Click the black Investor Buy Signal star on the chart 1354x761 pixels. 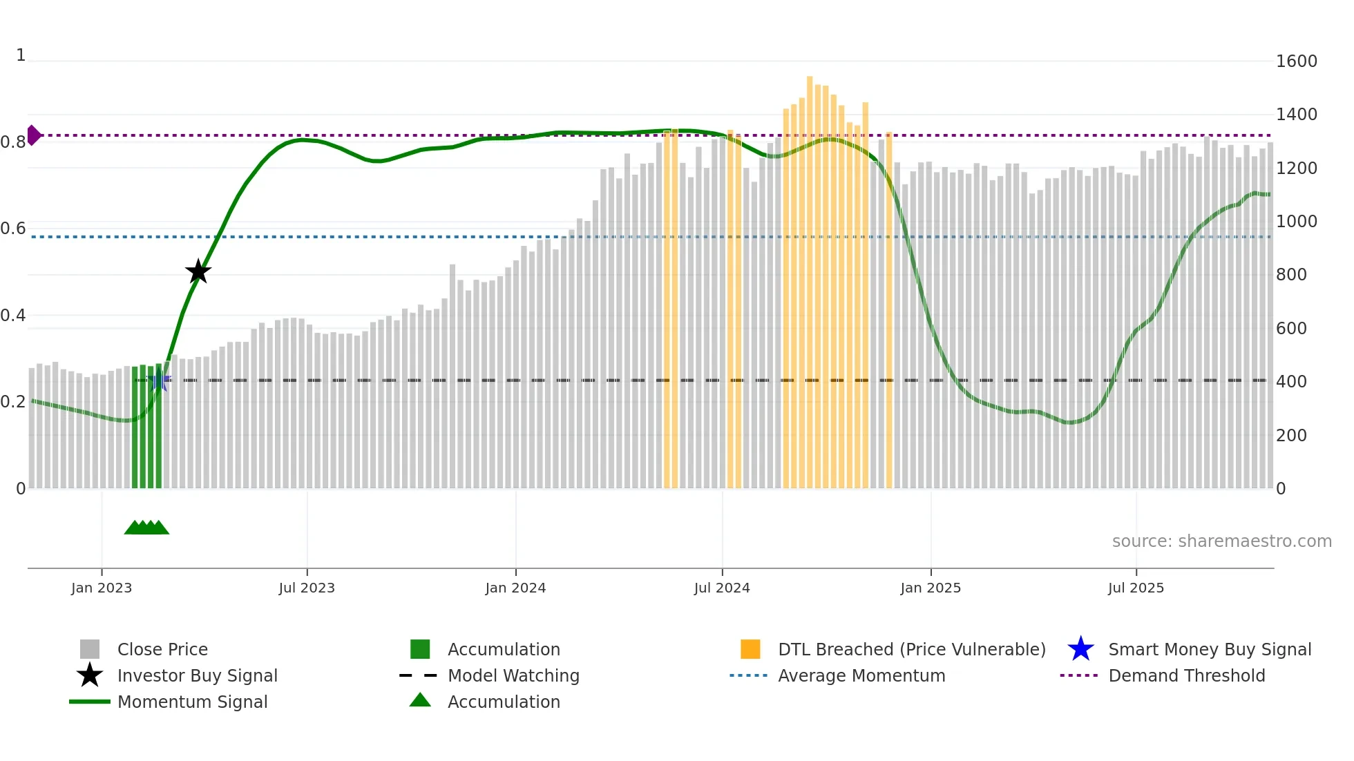pyautogui.click(x=198, y=272)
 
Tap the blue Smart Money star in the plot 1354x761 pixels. pyautogui.click(x=159, y=380)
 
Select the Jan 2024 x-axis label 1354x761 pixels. pyautogui.click(x=515, y=588)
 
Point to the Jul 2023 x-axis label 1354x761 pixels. pyautogui.click(x=307, y=588)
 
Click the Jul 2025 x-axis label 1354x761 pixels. pyautogui.click(x=1136, y=588)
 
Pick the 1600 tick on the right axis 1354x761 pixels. pyautogui.click(x=1296, y=61)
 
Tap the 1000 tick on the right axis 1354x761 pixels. pyautogui.click(x=1296, y=222)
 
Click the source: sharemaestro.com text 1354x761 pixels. pyautogui.click(x=1221, y=541)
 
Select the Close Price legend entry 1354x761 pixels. pyautogui.click(x=162, y=649)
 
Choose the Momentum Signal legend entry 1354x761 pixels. pyautogui.click(x=192, y=702)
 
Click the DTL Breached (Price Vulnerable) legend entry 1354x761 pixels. pyautogui.click(x=911, y=649)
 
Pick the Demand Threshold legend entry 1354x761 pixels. pyautogui.click(x=1186, y=675)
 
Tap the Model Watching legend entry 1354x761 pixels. pyautogui.click(x=513, y=675)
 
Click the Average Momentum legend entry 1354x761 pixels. pyautogui.click(x=861, y=675)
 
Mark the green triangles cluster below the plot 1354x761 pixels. pyautogui.click(x=146, y=528)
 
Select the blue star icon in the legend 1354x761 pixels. pyautogui.click(x=1080, y=649)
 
